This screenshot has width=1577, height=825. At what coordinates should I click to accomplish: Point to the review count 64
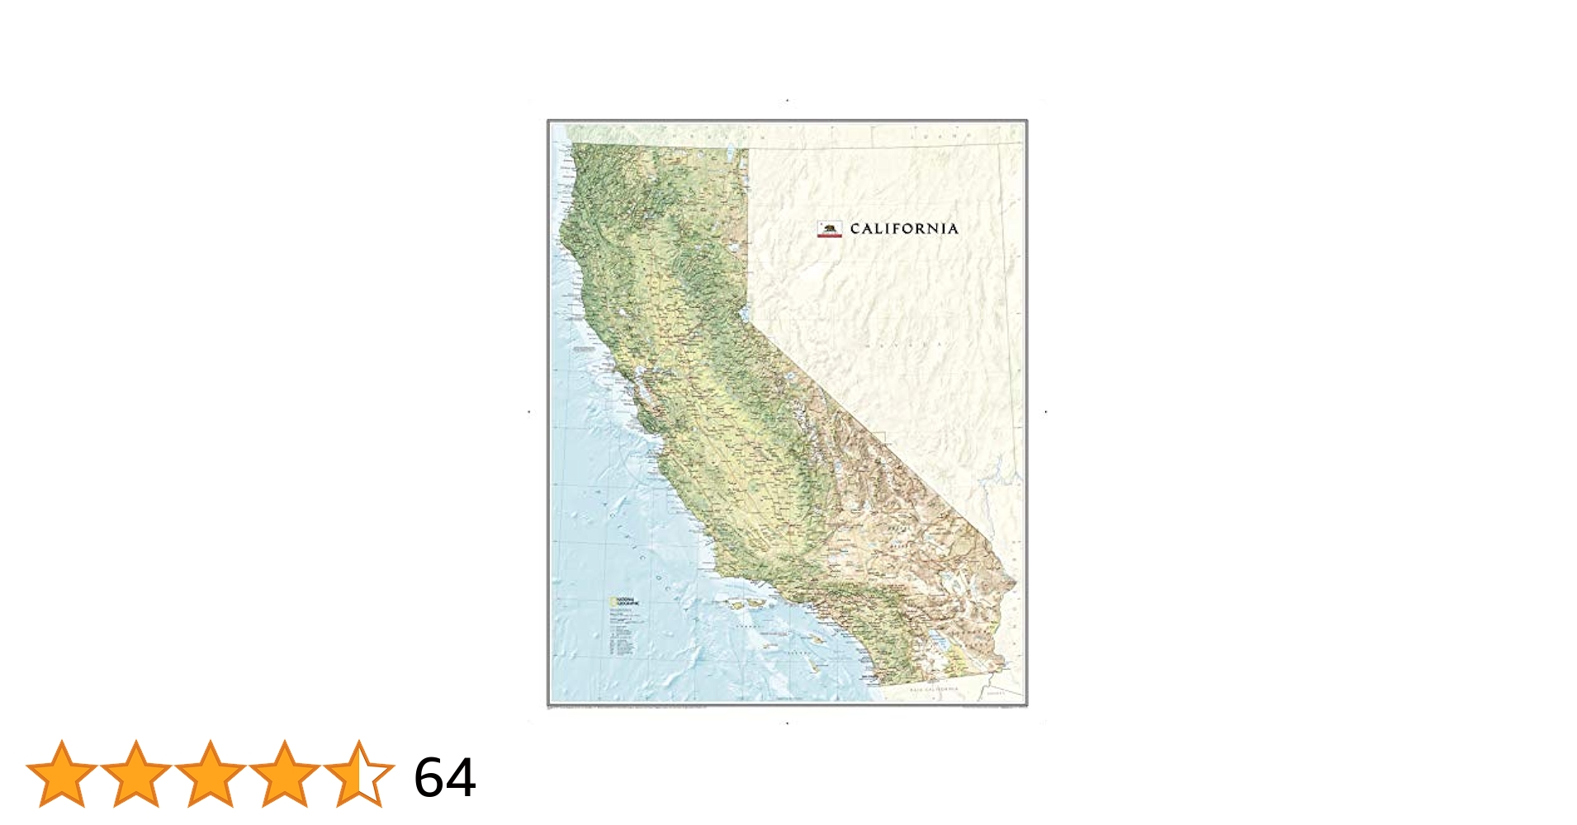click(x=445, y=777)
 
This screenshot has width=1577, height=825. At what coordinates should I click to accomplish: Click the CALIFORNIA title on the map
click(x=904, y=229)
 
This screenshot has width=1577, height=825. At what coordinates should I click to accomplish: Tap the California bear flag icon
click(x=829, y=229)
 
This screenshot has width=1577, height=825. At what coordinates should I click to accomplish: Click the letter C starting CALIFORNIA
click(x=855, y=229)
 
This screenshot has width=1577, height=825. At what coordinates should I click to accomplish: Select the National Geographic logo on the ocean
click(x=623, y=601)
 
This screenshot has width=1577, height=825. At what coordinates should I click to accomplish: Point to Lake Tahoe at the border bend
click(x=745, y=314)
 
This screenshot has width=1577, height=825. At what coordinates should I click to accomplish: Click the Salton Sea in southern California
click(x=940, y=639)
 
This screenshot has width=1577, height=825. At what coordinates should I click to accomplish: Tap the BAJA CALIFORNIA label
click(x=934, y=689)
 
